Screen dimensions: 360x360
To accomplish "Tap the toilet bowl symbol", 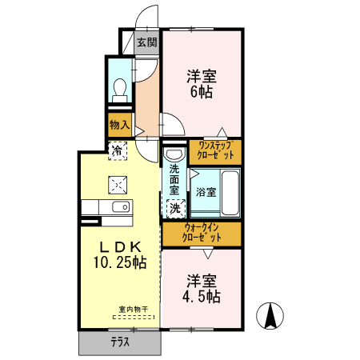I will click(x=120, y=88).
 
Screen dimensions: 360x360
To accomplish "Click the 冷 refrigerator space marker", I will click(x=118, y=150).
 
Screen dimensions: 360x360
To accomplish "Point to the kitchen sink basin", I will click(x=121, y=207).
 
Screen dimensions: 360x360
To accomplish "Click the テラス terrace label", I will click(x=121, y=341).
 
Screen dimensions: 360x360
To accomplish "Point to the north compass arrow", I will click(x=271, y=316).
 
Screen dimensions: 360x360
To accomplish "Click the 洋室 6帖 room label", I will click(x=202, y=85).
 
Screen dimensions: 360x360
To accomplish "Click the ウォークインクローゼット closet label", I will click(x=201, y=233).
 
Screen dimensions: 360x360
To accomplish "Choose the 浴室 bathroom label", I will click(x=205, y=192).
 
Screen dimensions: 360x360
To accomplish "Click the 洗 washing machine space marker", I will click(x=175, y=207).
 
